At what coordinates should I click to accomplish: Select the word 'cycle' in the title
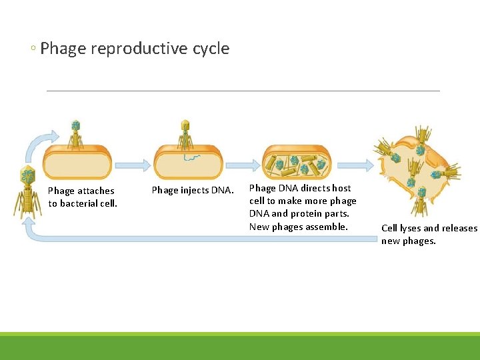(x=211, y=49)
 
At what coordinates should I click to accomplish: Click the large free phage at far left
(x=27, y=192)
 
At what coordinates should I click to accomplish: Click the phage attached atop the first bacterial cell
(x=76, y=133)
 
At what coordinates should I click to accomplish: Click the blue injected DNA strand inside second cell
(x=192, y=157)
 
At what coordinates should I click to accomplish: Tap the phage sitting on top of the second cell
(x=185, y=134)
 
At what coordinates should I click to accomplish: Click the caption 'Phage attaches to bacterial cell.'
(x=82, y=197)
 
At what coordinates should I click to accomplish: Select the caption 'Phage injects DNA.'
(x=193, y=190)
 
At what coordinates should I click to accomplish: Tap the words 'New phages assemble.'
(x=298, y=227)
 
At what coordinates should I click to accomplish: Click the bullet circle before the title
(x=33, y=49)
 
